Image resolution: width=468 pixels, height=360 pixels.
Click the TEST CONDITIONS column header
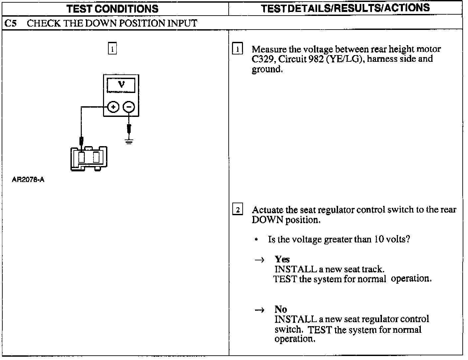click(112, 8)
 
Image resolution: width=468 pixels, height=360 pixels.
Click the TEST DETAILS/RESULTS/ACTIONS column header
click(345, 8)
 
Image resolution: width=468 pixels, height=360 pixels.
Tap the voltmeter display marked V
click(121, 85)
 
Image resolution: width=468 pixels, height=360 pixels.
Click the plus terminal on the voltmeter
click(113, 107)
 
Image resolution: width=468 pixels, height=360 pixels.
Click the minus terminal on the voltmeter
click(129, 107)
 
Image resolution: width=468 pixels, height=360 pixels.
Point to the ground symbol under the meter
click(129, 141)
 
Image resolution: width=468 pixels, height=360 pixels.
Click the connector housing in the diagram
click(89, 158)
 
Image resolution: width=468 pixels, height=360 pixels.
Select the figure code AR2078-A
click(28, 180)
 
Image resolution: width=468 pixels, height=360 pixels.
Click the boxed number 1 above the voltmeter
click(112, 49)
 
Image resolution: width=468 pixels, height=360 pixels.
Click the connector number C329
click(263, 59)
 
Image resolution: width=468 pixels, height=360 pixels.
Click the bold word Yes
click(282, 259)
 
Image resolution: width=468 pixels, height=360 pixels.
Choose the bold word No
click(281, 310)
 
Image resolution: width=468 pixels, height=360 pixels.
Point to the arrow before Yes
click(259, 260)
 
